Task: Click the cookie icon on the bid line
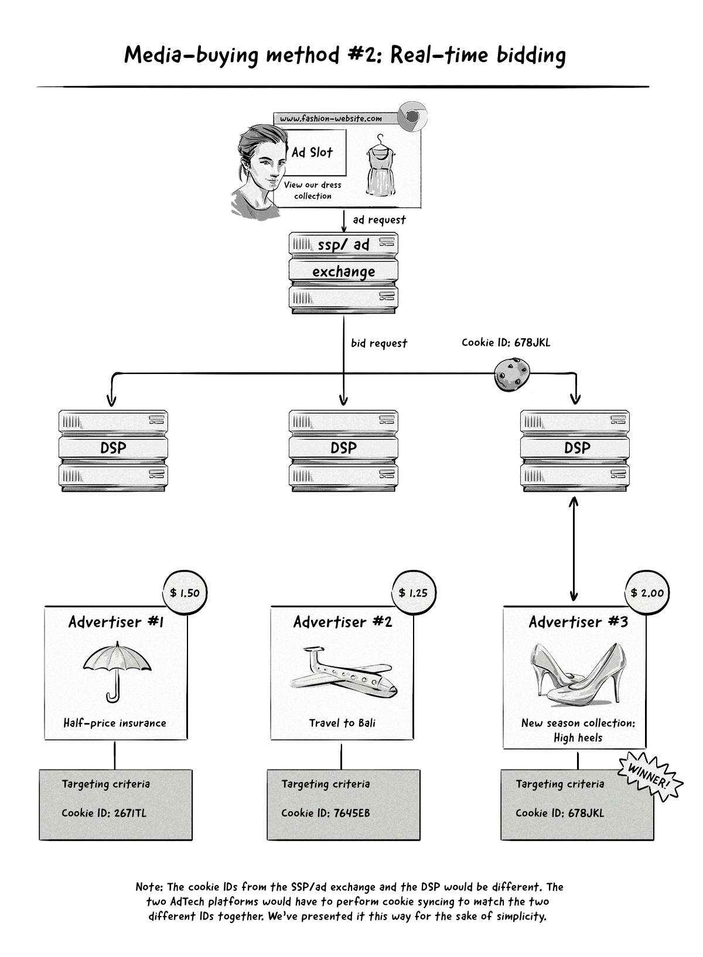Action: [512, 375]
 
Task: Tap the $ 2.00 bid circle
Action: [647, 593]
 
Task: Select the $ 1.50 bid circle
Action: [185, 593]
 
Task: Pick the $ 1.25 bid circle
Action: [413, 593]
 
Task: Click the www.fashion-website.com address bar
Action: [331, 119]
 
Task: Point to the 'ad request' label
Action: [379, 220]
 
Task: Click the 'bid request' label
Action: [379, 344]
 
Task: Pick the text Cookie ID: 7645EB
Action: [325, 813]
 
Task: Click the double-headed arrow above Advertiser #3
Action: [574, 548]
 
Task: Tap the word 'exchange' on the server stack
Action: [343, 272]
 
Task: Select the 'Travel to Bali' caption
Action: [342, 723]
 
